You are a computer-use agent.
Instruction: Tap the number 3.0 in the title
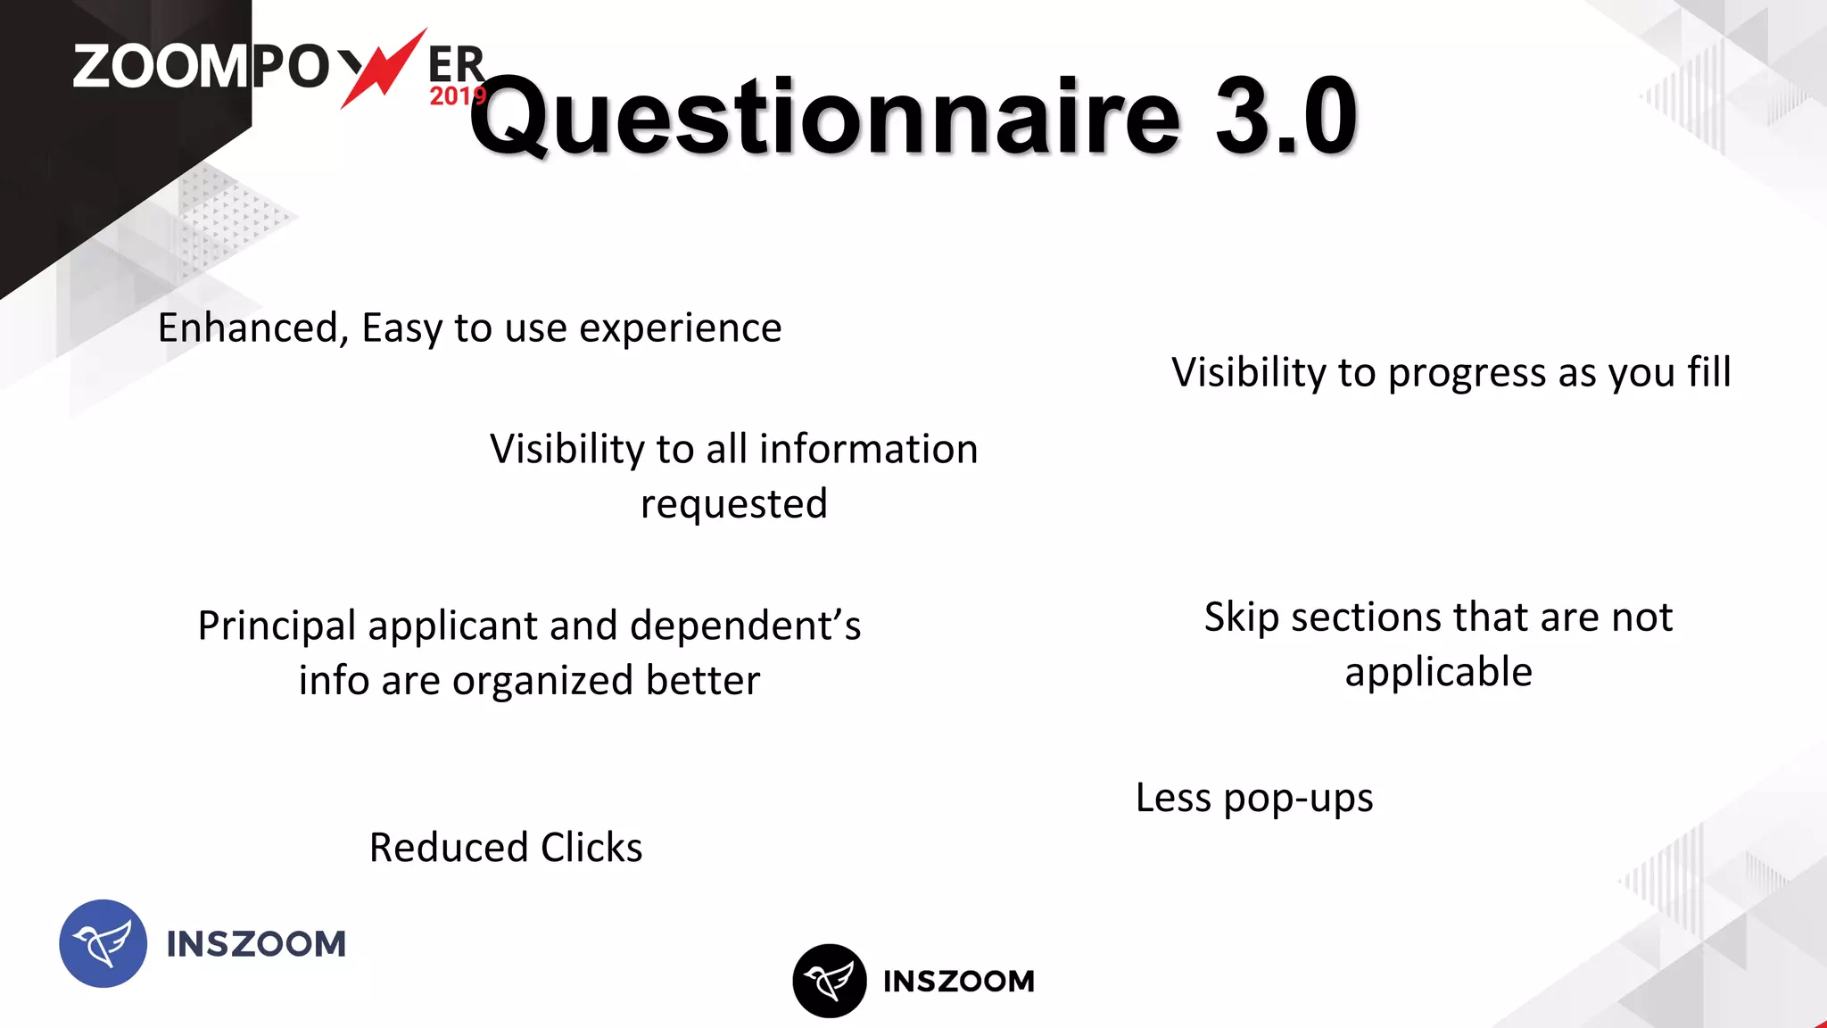[1286, 116]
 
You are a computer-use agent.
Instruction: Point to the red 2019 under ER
[457, 96]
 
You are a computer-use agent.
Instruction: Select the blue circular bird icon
[103, 943]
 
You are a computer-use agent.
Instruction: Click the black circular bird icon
[829, 981]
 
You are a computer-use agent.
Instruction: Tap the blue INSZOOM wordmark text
[256, 944]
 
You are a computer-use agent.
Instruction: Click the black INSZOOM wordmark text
[959, 982]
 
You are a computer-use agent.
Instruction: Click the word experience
[681, 328]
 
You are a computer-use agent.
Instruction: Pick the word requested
[734, 505]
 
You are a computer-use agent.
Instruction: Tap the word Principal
[277, 626]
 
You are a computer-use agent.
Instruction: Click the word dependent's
[745, 626]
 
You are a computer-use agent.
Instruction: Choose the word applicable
[1438, 672]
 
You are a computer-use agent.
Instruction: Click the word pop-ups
[1298, 799]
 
